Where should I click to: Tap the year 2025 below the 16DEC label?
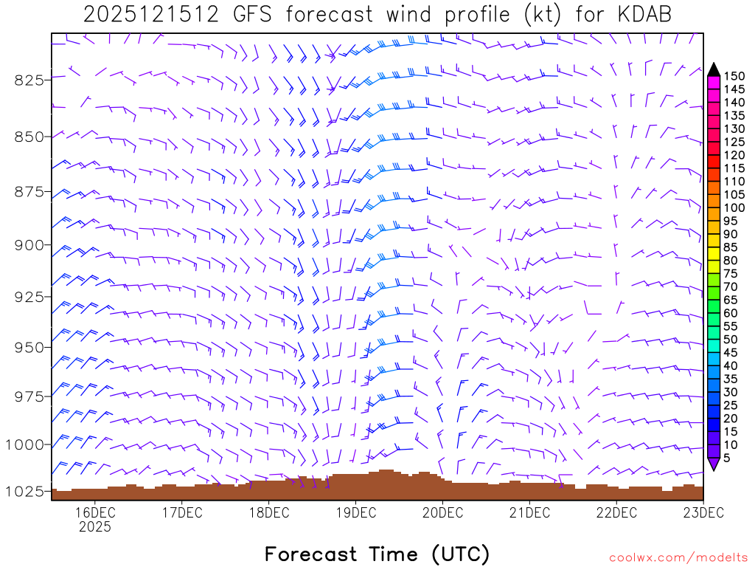(94, 527)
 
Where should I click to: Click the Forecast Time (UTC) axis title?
(377, 554)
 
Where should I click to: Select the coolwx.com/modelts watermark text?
(678, 557)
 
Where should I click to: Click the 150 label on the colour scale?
(734, 76)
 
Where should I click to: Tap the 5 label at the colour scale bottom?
(727, 457)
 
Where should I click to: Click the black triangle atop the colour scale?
(714, 69)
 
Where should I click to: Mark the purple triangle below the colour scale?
(714, 464)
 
